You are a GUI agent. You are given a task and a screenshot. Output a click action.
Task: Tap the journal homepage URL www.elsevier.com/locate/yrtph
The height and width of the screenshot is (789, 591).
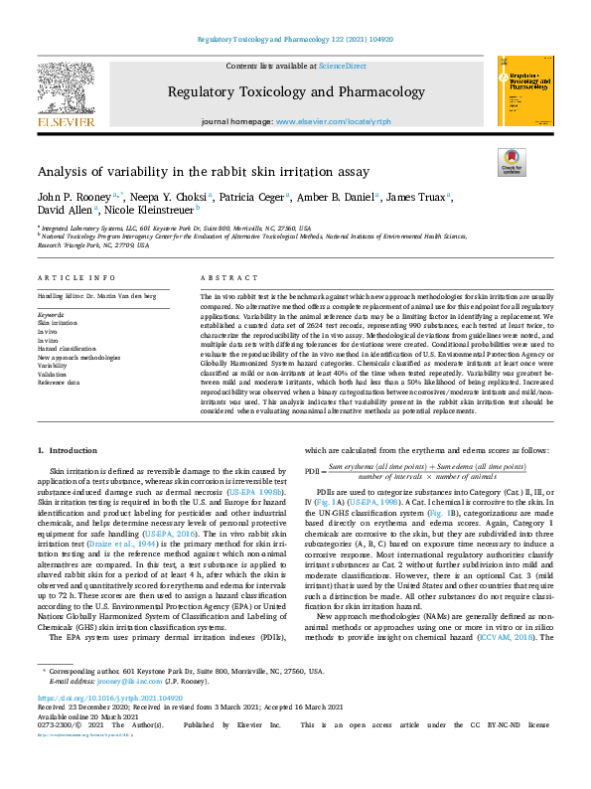coord(338,120)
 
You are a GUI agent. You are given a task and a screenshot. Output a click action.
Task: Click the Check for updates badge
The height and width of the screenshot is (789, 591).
coord(512,162)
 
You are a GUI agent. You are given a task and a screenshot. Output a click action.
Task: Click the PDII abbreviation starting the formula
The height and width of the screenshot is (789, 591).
coord(314,471)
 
